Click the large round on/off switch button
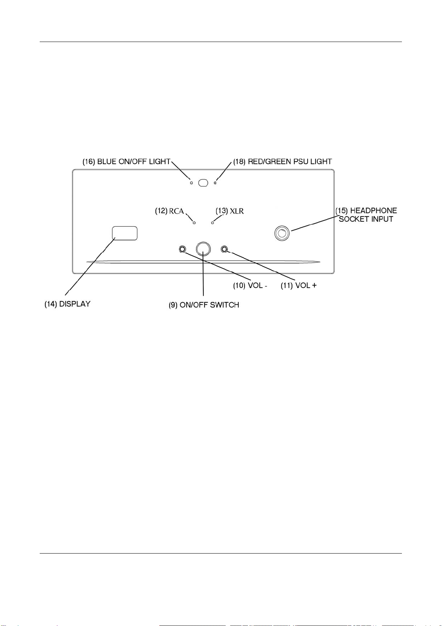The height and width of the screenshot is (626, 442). click(x=203, y=249)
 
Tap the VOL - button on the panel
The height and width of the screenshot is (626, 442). click(x=182, y=249)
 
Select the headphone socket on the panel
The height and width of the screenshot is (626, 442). click(x=282, y=233)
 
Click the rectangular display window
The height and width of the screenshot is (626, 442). click(x=125, y=233)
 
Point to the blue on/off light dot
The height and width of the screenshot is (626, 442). click(x=191, y=183)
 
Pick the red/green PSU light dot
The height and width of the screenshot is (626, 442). click(x=215, y=183)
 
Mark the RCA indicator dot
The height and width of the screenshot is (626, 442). click(x=194, y=223)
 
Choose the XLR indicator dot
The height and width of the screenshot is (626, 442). click(x=213, y=223)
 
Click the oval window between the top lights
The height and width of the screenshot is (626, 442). click(x=203, y=183)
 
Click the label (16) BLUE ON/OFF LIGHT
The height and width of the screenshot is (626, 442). click(x=126, y=162)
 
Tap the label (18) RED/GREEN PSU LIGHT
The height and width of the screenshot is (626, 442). click(x=282, y=162)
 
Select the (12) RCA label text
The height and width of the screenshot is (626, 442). click(x=170, y=211)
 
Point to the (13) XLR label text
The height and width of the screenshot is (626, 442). click(x=230, y=211)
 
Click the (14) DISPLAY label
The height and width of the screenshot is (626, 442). click(x=68, y=304)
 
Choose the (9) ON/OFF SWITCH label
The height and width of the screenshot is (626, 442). click(x=204, y=305)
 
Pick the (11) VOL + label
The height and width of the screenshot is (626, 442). click(x=298, y=286)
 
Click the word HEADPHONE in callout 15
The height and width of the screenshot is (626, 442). click(x=373, y=211)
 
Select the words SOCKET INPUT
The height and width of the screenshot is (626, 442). click(x=366, y=219)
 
